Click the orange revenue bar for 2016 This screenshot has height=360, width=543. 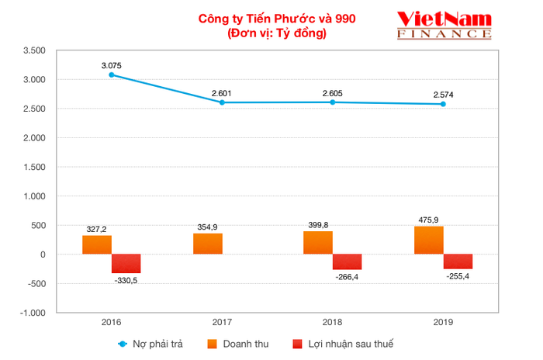97,244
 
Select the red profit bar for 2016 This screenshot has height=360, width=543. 126,264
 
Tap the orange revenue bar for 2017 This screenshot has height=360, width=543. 208,244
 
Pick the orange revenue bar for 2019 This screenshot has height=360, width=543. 429,241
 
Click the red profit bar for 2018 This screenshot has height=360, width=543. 347,262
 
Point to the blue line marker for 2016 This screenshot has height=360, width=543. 112,74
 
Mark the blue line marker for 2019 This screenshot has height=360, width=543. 443,104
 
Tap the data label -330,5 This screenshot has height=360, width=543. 126,281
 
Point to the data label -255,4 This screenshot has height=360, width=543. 458,276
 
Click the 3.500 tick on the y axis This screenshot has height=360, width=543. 35,50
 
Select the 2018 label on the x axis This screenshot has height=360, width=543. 332,321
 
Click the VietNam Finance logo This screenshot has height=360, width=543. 443,25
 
